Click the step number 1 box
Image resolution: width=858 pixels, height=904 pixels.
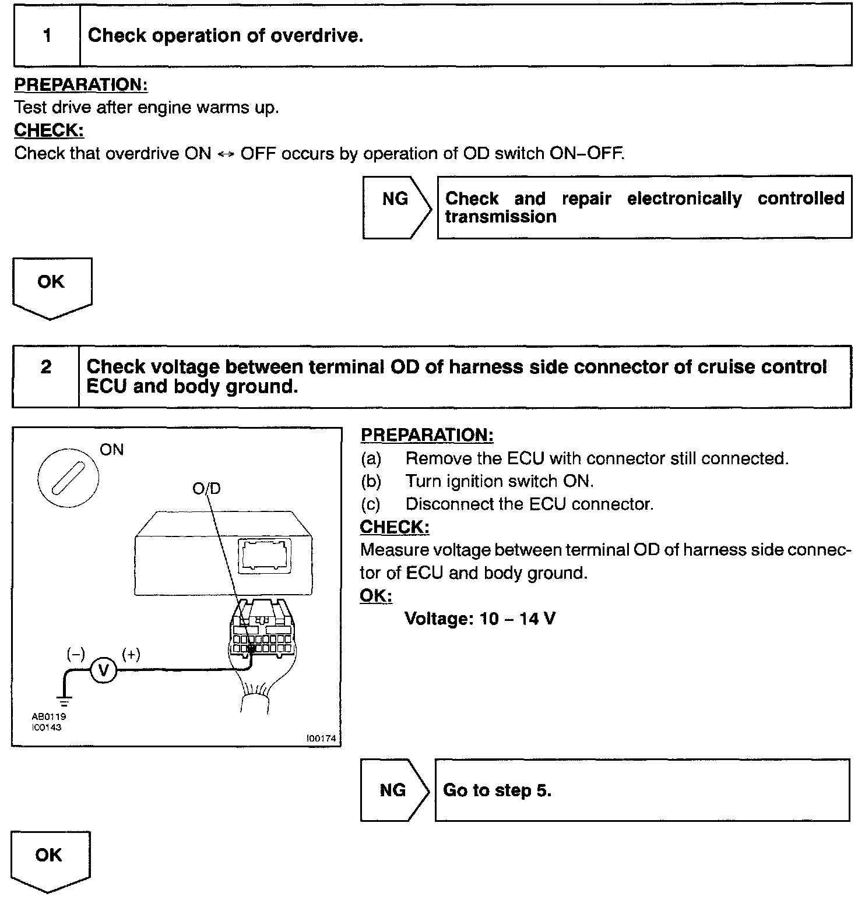47,36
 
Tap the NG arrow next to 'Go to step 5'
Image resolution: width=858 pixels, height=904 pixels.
394,790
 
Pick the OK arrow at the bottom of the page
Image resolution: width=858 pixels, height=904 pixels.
50,859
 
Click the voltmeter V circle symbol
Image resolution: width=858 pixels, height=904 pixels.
103,670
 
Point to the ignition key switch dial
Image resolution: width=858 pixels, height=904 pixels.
68,478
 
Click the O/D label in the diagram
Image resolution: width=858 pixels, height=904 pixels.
207,488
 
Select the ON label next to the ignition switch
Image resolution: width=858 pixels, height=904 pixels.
112,450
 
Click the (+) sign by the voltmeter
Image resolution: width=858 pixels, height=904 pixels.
131,655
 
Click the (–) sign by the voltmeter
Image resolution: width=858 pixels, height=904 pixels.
76,655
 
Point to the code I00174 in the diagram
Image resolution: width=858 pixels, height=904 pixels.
321,739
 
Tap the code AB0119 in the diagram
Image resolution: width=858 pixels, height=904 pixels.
49,716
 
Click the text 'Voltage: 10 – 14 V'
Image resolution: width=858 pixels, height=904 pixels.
480,619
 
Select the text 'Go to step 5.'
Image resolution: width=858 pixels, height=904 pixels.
497,790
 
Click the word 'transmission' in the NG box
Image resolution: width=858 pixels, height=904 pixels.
500,217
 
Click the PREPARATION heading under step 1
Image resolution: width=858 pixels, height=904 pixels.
80,85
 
